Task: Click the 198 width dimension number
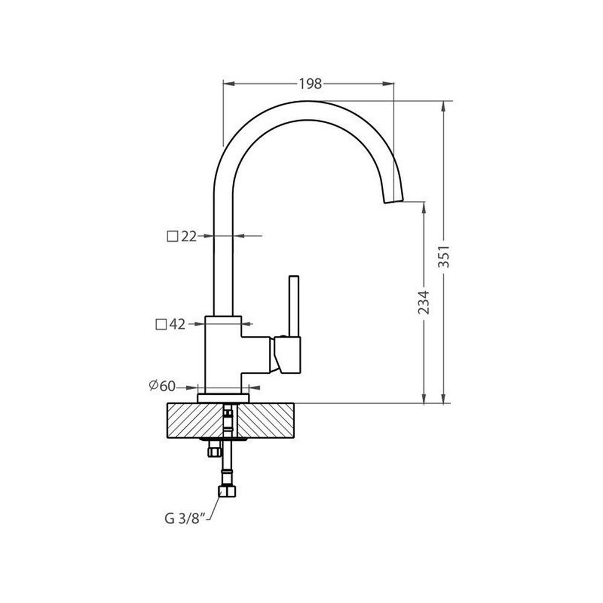point(310,83)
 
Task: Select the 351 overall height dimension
point(444,256)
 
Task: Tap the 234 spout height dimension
point(424,302)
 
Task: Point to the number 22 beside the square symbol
point(188,236)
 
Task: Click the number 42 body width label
point(177,324)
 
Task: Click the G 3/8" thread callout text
point(183,519)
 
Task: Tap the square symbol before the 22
point(172,236)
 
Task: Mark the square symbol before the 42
point(161,325)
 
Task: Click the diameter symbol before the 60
point(154,385)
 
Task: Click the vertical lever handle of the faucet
point(294,306)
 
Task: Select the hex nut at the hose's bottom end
point(227,491)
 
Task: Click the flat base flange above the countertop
point(223,398)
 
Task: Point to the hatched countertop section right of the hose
point(265,420)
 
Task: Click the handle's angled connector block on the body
point(287,355)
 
